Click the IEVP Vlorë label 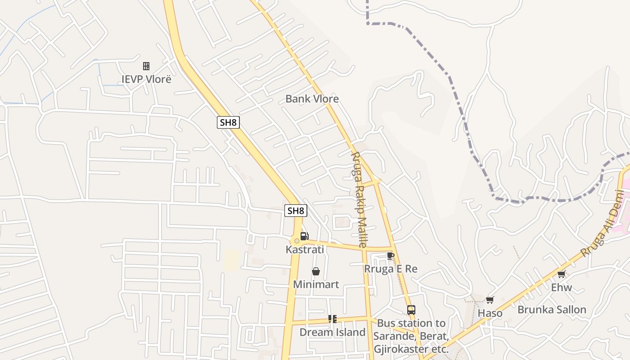coord(146,79)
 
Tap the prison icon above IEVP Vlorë coord(146,66)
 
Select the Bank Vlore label coord(312,99)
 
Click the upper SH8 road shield coord(228,122)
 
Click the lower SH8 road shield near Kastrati coord(296,211)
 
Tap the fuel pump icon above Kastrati coord(304,236)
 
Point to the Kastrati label coord(305,249)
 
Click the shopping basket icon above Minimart coord(316,271)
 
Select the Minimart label coord(316,284)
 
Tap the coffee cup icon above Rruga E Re coord(390,256)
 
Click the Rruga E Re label coord(391,269)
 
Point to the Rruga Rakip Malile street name coord(359,199)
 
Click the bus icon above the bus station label coord(411,310)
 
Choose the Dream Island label coord(332,333)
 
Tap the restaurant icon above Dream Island coord(333,319)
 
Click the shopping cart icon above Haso coord(490,300)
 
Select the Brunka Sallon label coord(552,310)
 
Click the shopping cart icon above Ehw coord(561,274)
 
